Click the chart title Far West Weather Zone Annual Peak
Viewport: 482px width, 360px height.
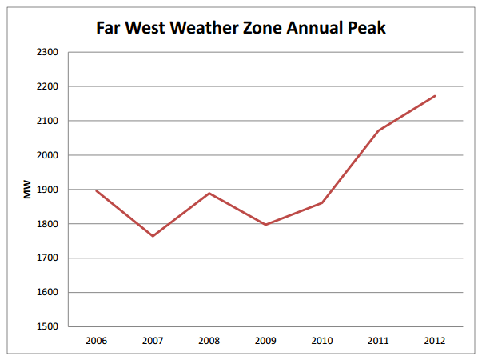click(241, 27)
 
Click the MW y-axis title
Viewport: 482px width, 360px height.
click(27, 190)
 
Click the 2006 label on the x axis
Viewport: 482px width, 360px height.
click(96, 340)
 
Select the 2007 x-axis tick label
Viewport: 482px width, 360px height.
click(153, 340)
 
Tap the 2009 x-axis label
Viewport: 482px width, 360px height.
click(265, 340)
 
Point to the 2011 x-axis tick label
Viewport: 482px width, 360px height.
click(378, 340)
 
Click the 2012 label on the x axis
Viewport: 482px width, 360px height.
click(434, 340)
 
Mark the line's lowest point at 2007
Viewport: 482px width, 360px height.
click(153, 236)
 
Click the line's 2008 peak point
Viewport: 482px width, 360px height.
click(209, 193)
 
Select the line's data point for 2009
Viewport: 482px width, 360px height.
click(265, 225)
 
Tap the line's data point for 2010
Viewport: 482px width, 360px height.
click(322, 202)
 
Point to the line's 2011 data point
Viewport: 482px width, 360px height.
click(378, 130)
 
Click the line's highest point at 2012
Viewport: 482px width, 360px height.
click(434, 96)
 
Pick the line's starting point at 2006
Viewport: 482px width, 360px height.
click(97, 190)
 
